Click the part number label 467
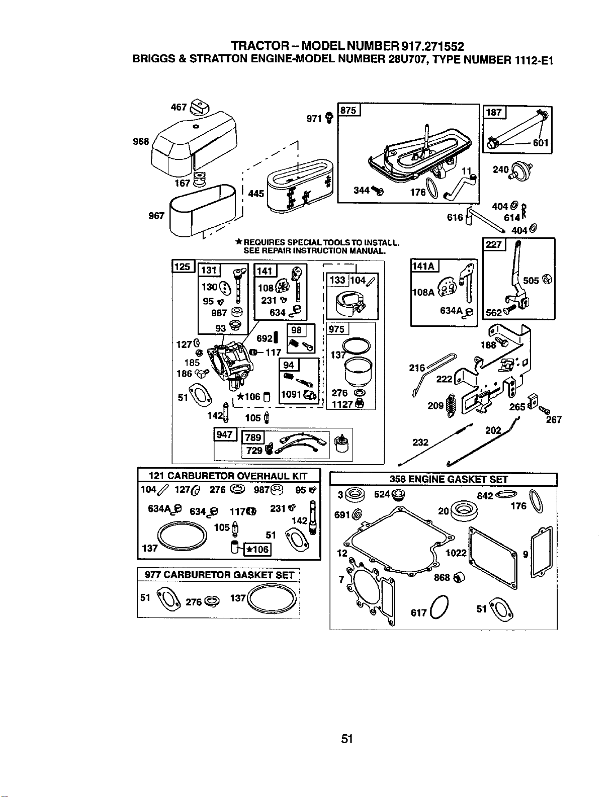179,107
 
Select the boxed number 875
348,110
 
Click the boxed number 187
494,112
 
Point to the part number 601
541,143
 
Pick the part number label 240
501,169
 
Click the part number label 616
455,218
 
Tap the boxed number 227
494,244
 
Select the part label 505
531,281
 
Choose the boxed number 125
183,267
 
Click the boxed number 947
225,434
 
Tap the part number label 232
420,442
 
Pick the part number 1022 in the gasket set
456,553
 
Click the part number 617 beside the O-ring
419,612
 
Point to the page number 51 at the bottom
346,739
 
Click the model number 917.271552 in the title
433,47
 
